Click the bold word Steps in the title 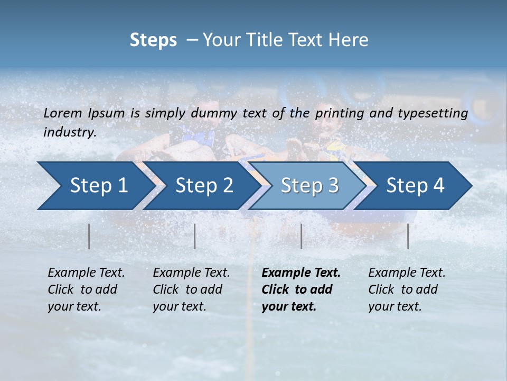tap(153, 40)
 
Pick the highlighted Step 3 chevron tap(309, 185)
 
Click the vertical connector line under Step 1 tap(89, 236)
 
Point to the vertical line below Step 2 tap(195, 236)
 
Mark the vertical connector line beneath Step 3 tap(302, 236)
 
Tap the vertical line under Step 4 tap(408, 236)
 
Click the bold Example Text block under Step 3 tap(301, 289)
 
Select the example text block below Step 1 tap(86, 289)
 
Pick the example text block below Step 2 tap(191, 289)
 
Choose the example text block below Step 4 tap(407, 289)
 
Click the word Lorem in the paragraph tap(63, 113)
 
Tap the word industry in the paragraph tap(69, 132)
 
